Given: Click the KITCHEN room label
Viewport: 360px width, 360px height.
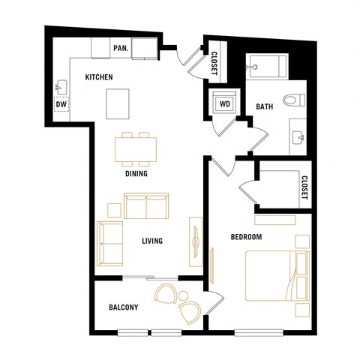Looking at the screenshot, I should click(99, 77).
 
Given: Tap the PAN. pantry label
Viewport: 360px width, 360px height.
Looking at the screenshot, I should click(120, 48).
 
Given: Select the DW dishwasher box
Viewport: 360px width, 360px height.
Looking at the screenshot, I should click(60, 105).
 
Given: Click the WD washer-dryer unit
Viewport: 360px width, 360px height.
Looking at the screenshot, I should click(223, 104).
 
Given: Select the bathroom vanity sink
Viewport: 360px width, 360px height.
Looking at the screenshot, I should click(298, 137).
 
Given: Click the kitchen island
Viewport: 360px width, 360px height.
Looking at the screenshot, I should click(117, 103).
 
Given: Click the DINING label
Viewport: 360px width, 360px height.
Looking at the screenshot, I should click(136, 174).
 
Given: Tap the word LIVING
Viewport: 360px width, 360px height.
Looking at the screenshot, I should click(153, 241).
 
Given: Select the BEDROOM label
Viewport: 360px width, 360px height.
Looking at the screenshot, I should click(246, 237).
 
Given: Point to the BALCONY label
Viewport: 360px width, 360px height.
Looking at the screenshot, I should click(123, 307).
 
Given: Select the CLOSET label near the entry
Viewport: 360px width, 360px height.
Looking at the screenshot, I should click(214, 61).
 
